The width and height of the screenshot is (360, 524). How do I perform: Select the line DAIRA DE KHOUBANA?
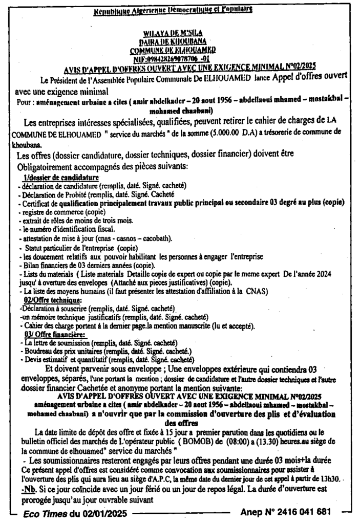tap(172, 41)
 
